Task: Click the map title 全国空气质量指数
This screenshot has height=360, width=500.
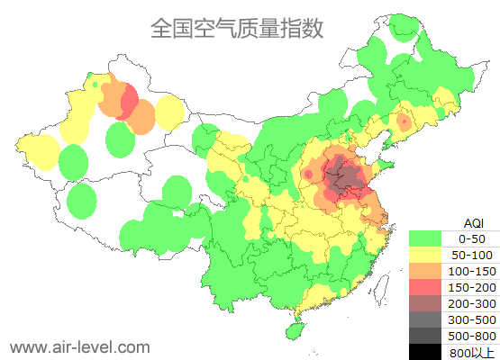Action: [236, 28]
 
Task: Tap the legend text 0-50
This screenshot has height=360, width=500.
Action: [472, 238]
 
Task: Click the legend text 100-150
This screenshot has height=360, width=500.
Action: [472, 271]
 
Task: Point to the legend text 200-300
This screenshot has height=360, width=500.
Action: [472, 303]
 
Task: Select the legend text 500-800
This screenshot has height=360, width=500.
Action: [472, 336]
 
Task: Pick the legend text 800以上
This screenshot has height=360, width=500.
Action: [472, 352]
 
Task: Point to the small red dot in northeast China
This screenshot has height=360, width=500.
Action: [405, 121]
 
